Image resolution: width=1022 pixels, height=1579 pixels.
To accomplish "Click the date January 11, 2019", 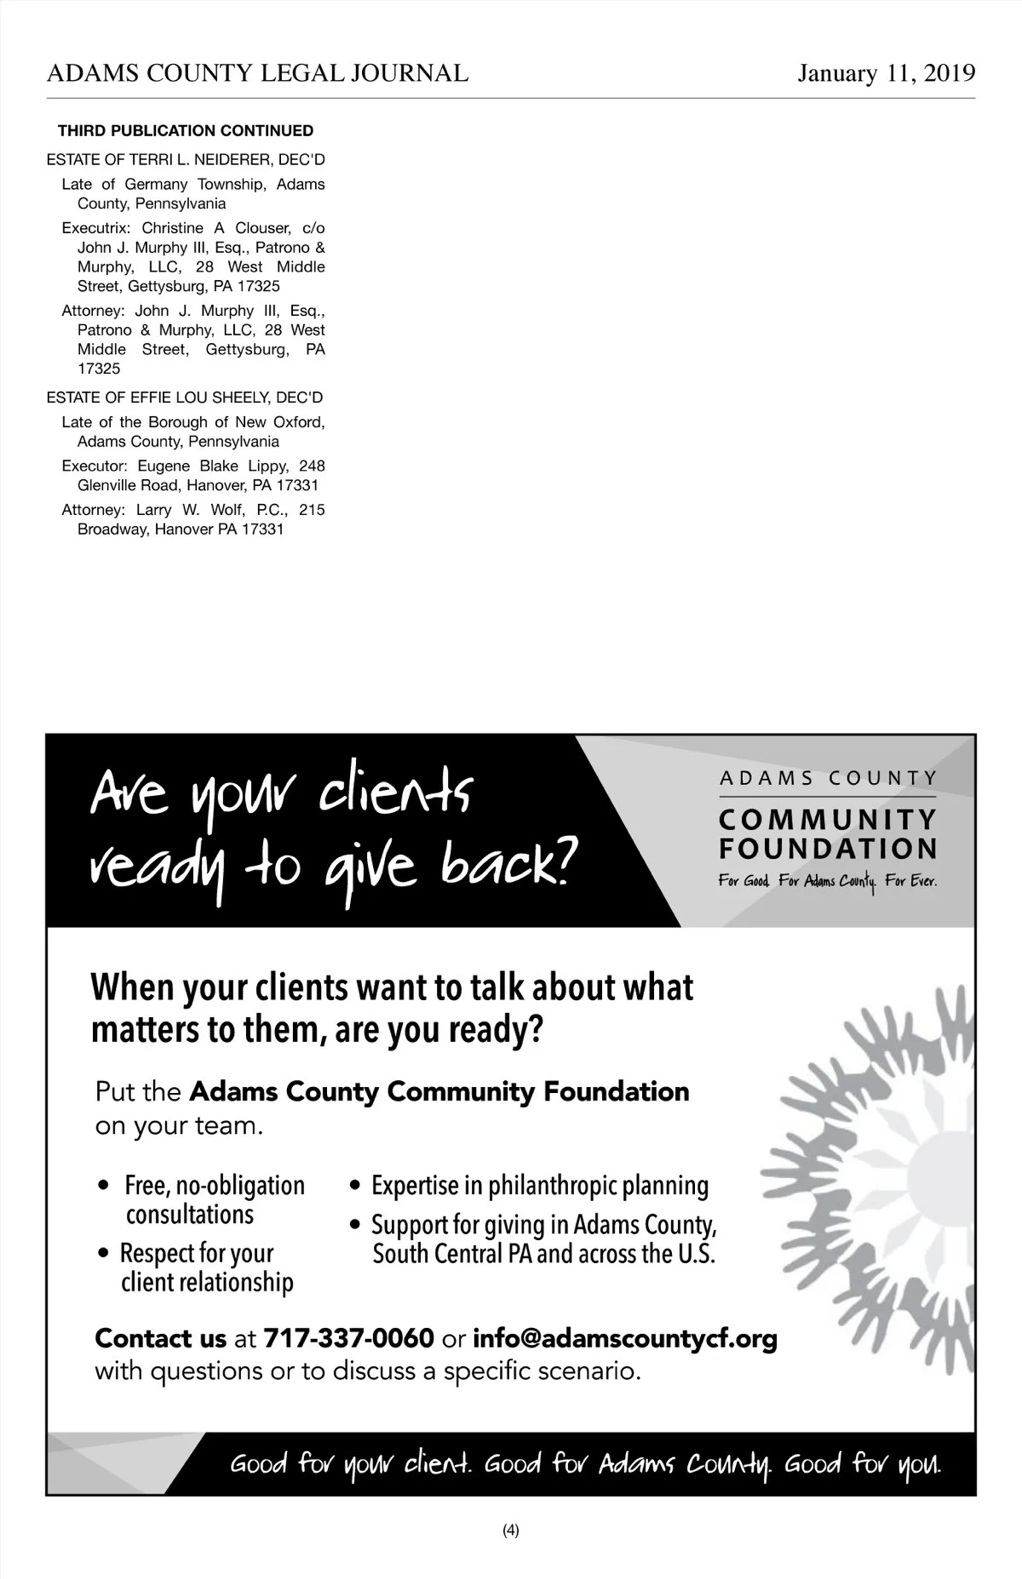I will (886, 74).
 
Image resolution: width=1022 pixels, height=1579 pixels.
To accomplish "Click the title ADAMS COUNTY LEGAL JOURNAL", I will (257, 74).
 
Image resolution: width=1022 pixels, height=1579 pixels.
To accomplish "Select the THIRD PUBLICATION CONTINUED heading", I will (186, 131).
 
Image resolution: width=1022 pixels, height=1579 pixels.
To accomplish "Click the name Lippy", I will (267, 466).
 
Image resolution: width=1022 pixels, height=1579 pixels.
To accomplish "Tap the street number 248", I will (312, 466).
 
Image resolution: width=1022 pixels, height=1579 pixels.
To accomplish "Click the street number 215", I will (312, 510).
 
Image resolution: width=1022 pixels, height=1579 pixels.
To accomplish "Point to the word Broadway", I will (112, 529).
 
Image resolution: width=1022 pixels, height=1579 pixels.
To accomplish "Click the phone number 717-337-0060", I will (349, 1338).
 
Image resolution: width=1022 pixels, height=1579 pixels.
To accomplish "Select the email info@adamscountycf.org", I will (624, 1338).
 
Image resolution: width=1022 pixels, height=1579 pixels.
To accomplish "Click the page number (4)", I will (511, 1530).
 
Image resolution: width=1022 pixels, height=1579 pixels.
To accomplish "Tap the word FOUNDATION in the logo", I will (828, 849).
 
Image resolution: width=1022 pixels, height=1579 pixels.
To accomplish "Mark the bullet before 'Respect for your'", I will (104, 1254).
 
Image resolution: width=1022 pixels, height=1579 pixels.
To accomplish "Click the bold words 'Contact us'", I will (160, 1338).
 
